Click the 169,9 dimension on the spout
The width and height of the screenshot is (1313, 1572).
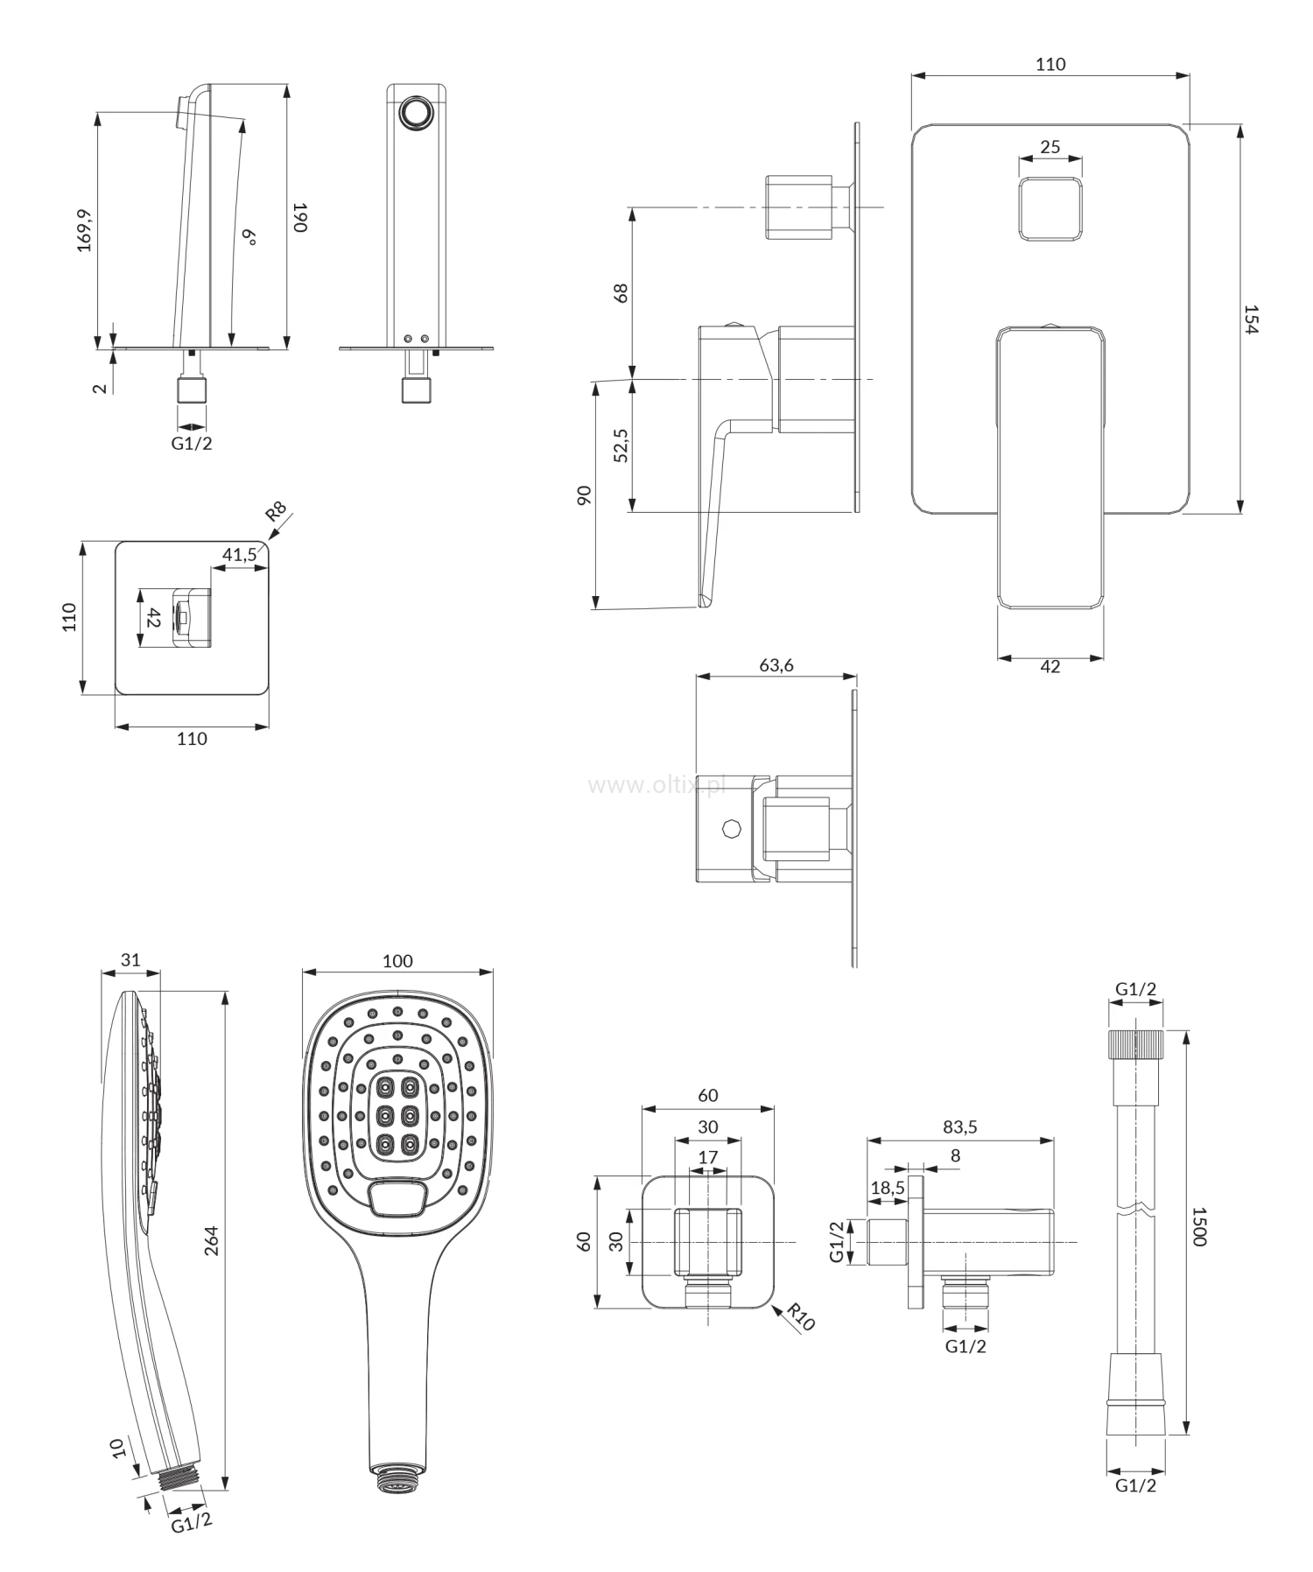coord(85,229)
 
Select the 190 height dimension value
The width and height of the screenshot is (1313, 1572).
coord(299,217)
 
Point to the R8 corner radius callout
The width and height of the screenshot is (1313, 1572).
coord(277,512)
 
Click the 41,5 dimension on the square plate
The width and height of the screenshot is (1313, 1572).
coord(239,554)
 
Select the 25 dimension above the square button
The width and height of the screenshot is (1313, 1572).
coord(1050,146)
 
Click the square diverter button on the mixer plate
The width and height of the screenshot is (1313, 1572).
coord(1050,208)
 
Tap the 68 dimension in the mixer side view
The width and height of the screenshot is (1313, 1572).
coord(621,292)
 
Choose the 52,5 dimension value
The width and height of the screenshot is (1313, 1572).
coord(621,446)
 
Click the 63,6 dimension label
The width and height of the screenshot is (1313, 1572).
coord(776,665)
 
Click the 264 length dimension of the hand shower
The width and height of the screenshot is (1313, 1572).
coord(211,1241)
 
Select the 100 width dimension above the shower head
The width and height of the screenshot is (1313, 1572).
coord(397,960)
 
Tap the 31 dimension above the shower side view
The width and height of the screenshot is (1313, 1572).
coord(130,959)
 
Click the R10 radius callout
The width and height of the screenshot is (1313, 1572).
coord(800,1316)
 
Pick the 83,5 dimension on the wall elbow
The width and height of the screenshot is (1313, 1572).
coord(959,1127)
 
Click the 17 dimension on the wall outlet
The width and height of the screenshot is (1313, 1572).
coord(707,1157)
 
